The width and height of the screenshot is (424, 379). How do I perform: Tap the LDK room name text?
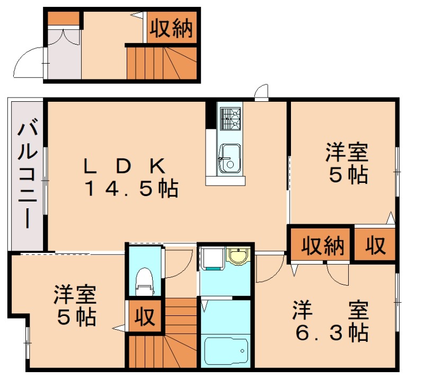125,166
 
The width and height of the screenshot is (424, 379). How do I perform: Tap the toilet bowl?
144,280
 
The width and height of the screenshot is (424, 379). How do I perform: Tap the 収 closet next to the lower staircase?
144,316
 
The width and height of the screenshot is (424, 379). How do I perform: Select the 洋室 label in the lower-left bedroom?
75,295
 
